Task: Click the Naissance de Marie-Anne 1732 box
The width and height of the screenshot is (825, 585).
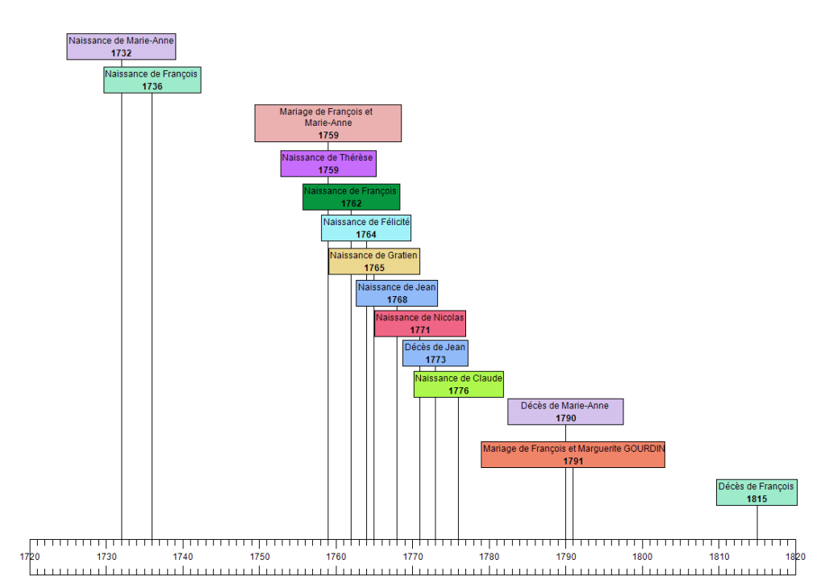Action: click(121, 47)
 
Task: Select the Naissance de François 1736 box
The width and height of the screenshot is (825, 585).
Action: click(152, 80)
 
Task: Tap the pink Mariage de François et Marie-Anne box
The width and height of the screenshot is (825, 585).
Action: click(327, 123)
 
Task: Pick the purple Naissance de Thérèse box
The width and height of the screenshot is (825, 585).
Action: click(328, 164)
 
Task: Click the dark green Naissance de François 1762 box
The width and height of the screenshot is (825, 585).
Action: click(351, 197)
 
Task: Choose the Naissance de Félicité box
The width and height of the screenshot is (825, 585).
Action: click(366, 228)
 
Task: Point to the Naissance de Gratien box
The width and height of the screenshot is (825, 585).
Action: click(373, 261)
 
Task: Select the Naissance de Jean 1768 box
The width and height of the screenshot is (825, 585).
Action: click(397, 293)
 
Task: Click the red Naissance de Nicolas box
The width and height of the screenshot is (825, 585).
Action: click(420, 324)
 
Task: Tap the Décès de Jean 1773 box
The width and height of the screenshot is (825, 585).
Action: click(435, 353)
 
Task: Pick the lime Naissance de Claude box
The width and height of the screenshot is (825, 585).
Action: click(458, 384)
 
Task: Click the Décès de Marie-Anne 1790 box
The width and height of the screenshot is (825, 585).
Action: click(565, 412)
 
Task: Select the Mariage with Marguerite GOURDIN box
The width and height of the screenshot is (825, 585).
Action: click(573, 454)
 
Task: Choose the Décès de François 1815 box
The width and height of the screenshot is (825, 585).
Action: click(756, 492)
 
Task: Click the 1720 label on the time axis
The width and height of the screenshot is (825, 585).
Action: click(30, 557)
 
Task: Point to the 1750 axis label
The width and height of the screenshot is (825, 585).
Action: click(260, 557)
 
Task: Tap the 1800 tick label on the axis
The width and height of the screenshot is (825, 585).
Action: click(642, 557)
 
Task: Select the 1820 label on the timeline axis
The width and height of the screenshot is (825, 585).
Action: click(795, 557)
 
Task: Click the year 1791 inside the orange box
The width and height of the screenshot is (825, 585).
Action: click(573, 461)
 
